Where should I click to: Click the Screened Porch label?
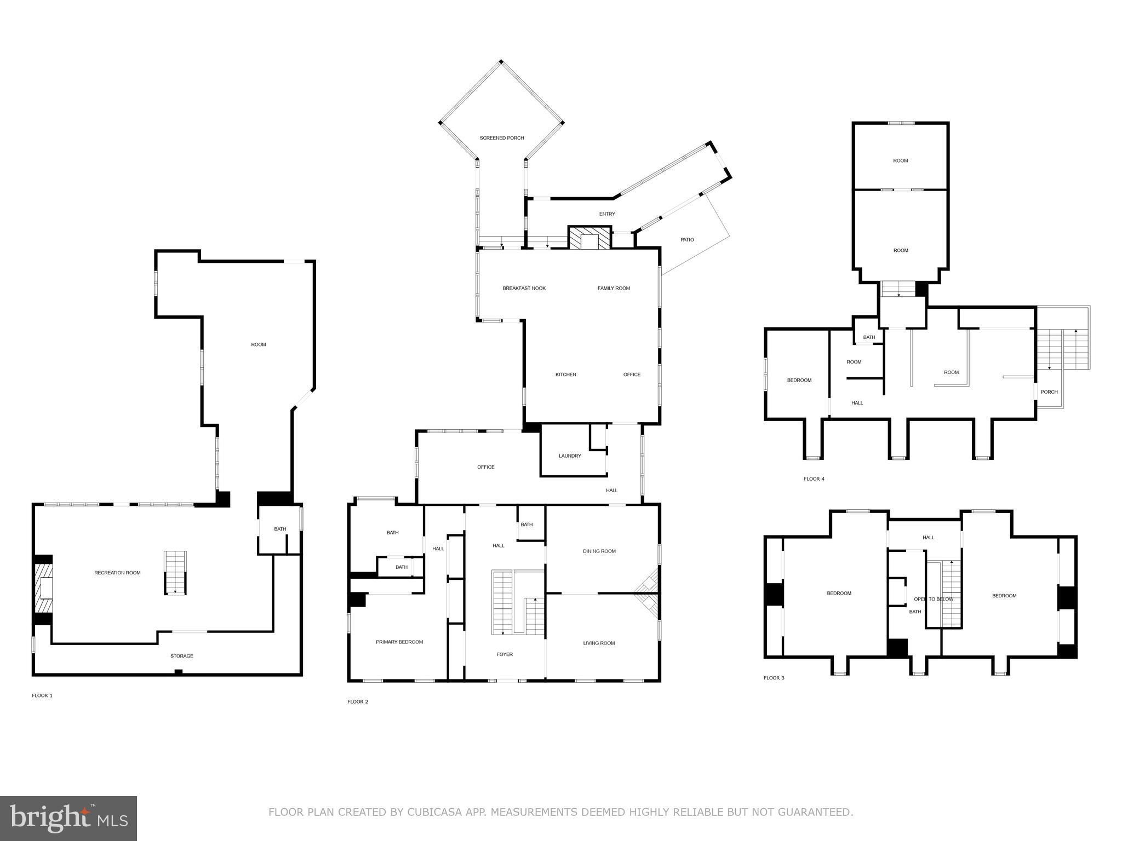(501, 138)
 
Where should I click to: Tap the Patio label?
(687, 240)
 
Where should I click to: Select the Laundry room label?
(570, 456)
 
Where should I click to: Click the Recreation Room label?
(117, 573)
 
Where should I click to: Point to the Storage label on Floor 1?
(181, 656)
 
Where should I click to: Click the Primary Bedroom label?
(399, 642)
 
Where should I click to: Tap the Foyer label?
(505, 654)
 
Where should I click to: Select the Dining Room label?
(599, 551)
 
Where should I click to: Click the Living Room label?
(599, 643)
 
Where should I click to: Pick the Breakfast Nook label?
(524, 289)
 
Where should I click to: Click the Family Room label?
(614, 289)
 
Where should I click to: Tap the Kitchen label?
(565, 375)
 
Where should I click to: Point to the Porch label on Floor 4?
(1049, 392)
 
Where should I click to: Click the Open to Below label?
(934, 600)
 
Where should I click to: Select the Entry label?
(607, 214)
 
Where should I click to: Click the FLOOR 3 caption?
(774, 678)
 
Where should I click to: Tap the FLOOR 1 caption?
(42, 696)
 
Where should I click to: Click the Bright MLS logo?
(68, 819)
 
